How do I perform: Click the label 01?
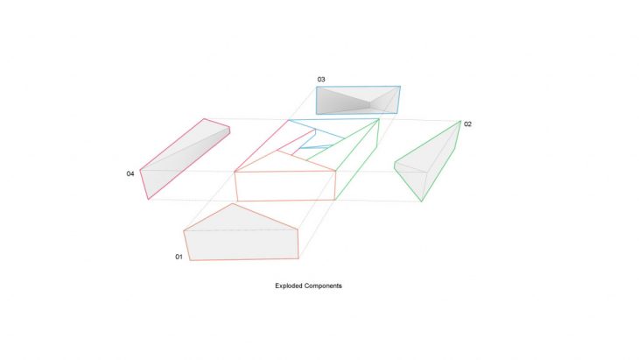pos(179,257)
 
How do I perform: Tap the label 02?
pos(467,124)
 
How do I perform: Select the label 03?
pos(321,80)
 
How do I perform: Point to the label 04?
pos(130,173)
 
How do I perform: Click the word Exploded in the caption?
pos(288,286)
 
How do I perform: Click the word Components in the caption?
pos(322,286)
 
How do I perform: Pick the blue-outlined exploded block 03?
pos(358,100)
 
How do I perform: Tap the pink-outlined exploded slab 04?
pos(185,159)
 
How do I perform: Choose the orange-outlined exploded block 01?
pos(242,232)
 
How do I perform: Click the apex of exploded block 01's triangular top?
pos(232,204)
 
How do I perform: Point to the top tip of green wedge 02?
pos(460,121)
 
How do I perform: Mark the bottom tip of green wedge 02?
pos(421,201)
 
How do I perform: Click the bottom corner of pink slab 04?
pos(148,200)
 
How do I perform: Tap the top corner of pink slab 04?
pos(204,118)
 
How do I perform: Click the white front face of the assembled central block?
pos(285,186)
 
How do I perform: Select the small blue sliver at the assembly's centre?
pos(316,146)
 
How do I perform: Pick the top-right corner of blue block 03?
pos(400,87)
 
